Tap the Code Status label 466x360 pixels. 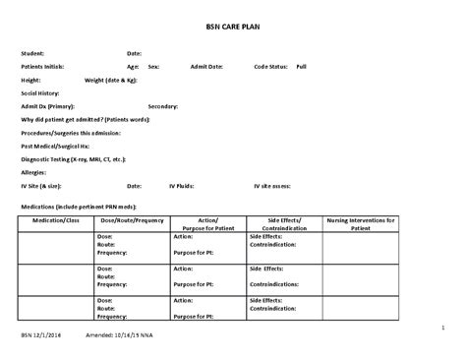[x=271, y=66]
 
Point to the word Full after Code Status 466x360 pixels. [x=301, y=66]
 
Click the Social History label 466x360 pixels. [x=41, y=91]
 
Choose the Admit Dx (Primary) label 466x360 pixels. [x=49, y=105]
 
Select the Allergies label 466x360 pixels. [x=36, y=170]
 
